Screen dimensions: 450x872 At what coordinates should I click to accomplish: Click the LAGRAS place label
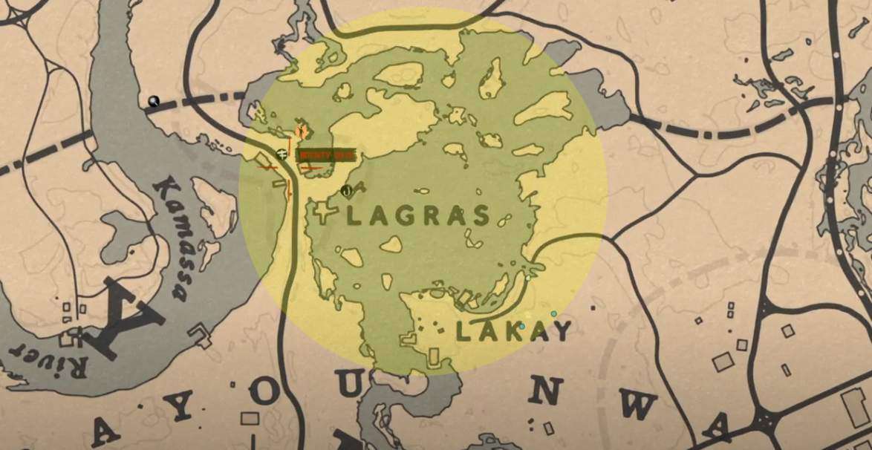pos(418,216)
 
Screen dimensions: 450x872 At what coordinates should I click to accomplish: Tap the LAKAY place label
pos(513,331)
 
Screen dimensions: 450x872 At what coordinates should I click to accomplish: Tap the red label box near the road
pos(327,155)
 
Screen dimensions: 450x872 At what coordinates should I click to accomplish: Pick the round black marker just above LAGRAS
pos(346,192)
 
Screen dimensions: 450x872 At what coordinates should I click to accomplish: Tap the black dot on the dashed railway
pos(154,102)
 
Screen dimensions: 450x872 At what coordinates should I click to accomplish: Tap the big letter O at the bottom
pos(264,394)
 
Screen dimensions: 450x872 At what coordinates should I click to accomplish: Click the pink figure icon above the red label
pos(301,132)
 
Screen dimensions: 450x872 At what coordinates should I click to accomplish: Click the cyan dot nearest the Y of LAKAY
pos(553,314)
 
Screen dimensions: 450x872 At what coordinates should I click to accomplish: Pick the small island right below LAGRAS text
pos(391,244)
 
